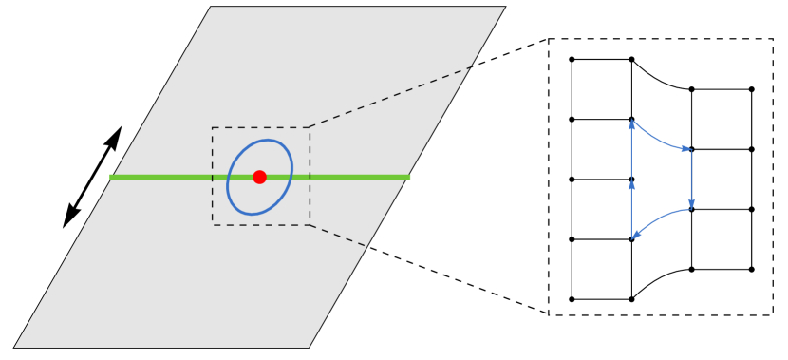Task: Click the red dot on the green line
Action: point(259,177)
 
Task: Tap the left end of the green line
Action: point(111,177)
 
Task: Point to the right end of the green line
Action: point(409,177)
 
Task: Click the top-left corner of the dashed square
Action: point(213,127)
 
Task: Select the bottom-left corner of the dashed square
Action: point(213,225)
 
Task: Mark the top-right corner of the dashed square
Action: point(310,127)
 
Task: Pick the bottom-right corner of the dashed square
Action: point(310,225)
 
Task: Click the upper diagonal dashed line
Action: point(389,97)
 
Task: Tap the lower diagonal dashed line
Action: point(338,236)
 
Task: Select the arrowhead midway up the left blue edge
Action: point(631,184)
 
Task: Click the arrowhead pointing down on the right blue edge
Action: point(691,203)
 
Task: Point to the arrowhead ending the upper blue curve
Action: point(685,148)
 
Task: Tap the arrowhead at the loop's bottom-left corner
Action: point(636,234)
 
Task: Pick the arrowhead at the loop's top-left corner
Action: point(631,124)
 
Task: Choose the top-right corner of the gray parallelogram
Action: point(504,8)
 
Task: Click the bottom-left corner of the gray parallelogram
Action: point(15,347)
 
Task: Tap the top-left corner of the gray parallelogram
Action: point(211,8)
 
